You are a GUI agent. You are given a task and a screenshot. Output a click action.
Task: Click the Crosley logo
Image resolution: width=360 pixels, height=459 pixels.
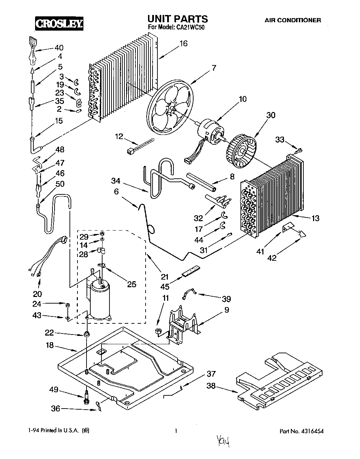[x=59, y=23]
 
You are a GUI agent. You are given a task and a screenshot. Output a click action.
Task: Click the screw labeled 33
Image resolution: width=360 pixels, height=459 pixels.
[x=298, y=150]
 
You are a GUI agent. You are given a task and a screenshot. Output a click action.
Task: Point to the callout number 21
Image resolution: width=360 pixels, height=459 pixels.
[x=164, y=277]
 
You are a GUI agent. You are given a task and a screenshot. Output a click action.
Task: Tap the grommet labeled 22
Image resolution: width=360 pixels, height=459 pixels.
[x=87, y=335]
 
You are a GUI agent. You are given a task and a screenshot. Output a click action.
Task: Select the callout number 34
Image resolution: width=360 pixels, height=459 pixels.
[x=116, y=181]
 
